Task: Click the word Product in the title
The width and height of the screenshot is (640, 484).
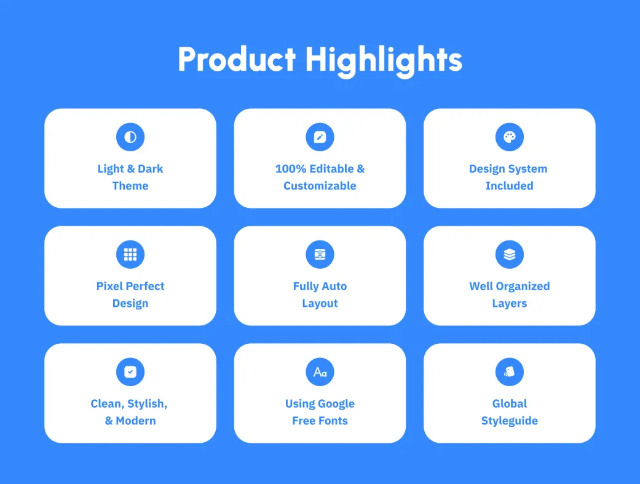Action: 237,59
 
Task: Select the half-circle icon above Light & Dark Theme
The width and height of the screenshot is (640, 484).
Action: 130,137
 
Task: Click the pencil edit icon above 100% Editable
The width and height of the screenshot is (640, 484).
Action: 320,137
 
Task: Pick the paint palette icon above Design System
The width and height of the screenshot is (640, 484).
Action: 510,137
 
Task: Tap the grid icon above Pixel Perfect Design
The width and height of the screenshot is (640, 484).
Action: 130,255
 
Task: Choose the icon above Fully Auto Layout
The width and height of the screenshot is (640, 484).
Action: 320,255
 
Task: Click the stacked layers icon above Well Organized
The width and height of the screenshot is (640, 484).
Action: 510,255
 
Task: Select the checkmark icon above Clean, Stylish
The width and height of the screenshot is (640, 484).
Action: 130,371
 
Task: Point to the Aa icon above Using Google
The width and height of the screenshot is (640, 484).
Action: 320,371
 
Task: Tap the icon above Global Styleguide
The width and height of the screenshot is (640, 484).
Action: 510,371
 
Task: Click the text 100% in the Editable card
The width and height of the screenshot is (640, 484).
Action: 291,169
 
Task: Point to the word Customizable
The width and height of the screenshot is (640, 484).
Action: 320,186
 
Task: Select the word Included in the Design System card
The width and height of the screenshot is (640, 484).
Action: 510,186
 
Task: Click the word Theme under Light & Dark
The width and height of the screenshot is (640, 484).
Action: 130,186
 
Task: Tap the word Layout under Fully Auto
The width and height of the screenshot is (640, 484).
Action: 320,303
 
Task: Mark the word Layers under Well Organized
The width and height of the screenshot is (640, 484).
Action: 510,303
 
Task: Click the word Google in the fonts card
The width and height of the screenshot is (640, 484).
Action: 337,404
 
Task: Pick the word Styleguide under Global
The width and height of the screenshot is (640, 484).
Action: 510,421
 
